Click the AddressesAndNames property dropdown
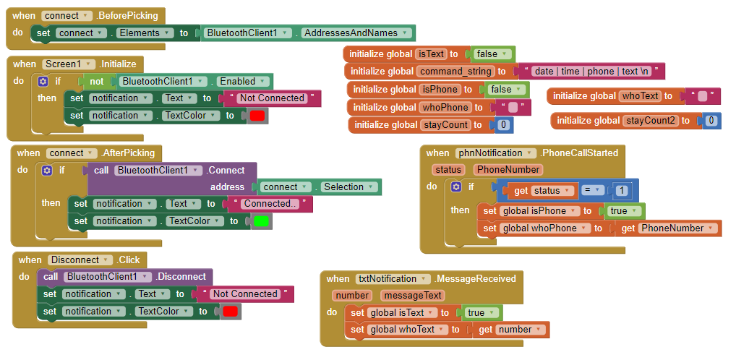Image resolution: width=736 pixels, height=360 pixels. (356, 33)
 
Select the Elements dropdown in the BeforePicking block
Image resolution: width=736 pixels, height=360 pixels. (145, 33)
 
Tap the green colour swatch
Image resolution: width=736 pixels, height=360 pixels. (261, 221)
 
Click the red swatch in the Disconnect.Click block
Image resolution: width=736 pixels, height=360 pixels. (230, 311)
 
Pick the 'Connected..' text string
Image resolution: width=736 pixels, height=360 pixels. (270, 204)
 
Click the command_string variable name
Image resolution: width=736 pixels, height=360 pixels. (455, 72)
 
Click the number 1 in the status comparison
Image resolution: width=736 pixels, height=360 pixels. (622, 191)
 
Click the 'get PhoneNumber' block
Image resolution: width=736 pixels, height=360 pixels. (669, 228)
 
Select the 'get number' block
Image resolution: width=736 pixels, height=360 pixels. (510, 330)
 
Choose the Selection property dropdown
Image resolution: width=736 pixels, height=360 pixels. (350, 187)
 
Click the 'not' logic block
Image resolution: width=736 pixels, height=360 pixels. (97, 81)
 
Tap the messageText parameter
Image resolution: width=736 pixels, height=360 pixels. (413, 295)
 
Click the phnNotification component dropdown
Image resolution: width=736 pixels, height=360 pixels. (496, 153)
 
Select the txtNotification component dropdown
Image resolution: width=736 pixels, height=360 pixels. (393, 279)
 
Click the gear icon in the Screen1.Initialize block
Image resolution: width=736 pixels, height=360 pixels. (43, 81)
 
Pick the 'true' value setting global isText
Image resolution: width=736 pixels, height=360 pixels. (482, 312)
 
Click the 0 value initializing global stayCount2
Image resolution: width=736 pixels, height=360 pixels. (711, 121)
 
